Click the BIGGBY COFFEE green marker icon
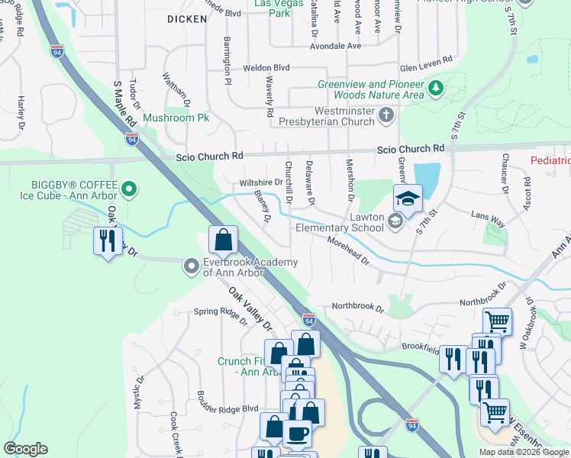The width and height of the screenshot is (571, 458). click(x=130, y=188)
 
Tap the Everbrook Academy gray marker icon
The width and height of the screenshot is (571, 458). click(x=191, y=266)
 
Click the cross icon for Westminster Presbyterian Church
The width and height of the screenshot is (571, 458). click(x=386, y=115)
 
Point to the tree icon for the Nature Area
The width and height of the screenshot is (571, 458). click(x=436, y=89)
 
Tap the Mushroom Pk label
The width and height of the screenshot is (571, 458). click(x=176, y=118)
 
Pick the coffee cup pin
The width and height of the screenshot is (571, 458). click(x=297, y=434)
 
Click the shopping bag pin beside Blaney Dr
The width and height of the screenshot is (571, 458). click(x=222, y=240)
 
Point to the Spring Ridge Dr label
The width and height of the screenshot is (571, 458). click(x=221, y=314)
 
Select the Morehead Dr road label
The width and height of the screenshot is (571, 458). click(x=348, y=250)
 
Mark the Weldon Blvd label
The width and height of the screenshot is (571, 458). click(x=266, y=68)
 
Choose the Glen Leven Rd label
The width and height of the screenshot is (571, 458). click(x=426, y=60)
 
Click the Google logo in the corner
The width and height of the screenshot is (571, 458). click(x=25, y=449)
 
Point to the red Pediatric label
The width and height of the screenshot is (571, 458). click(x=550, y=160)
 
